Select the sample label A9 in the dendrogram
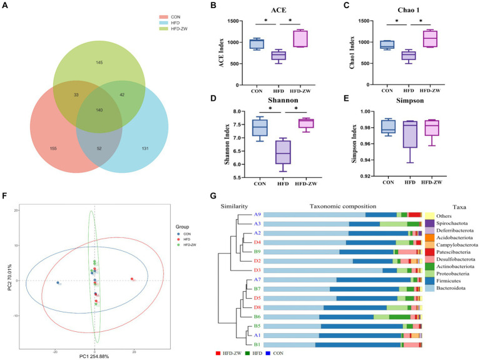[x=257, y=215]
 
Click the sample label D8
[x=257, y=307]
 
